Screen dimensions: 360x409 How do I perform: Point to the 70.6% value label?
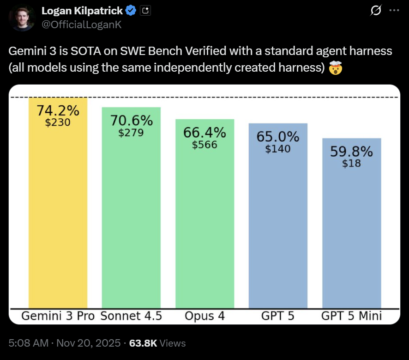click(x=131, y=121)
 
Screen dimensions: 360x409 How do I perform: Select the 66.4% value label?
click(x=204, y=133)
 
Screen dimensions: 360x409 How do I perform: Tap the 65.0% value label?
click(x=278, y=137)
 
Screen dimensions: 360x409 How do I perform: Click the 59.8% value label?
click(x=351, y=152)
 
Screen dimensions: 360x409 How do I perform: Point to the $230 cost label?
click(x=58, y=123)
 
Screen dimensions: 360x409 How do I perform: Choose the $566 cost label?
click(x=204, y=145)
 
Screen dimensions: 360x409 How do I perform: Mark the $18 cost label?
click(x=351, y=164)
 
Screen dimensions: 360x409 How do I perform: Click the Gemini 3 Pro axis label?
click(x=58, y=317)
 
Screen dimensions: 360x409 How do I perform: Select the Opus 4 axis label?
click(x=204, y=317)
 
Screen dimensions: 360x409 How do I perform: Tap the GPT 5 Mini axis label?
click(x=351, y=317)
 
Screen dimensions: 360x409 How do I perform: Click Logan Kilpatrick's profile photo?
click(x=22, y=18)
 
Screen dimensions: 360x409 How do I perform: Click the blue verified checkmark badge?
click(x=131, y=11)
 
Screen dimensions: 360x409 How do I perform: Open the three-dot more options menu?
click(x=394, y=10)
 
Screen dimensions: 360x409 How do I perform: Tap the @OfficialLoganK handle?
click(x=81, y=24)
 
